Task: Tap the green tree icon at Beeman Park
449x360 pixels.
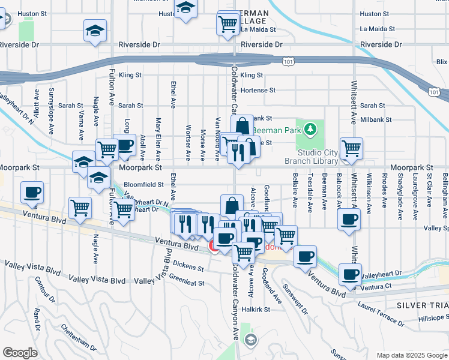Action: point(310,128)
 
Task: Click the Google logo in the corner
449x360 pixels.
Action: point(20,353)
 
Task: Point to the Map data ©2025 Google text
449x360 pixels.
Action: point(411,355)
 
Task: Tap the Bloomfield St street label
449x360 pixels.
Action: point(144,184)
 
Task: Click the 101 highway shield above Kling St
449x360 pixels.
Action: point(289,61)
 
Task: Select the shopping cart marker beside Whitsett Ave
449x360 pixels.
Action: point(351,147)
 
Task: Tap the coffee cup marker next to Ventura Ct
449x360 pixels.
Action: point(350,274)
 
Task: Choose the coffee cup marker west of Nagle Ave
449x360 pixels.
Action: point(32,192)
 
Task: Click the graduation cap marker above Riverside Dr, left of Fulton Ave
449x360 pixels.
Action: point(95,30)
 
